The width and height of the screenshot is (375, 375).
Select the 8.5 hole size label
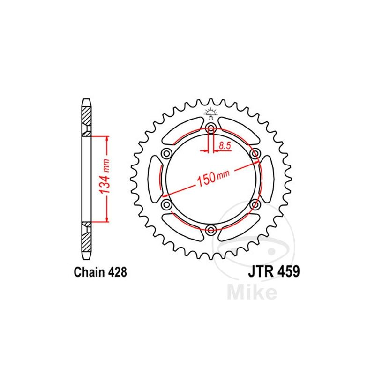pyautogui.click(x=225, y=146)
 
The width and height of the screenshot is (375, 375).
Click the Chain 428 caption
pyautogui.click(x=100, y=272)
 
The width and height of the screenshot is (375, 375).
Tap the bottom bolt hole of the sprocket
pyautogui.click(x=211, y=229)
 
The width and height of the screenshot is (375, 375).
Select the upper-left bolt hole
pyautogui.click(x=166, y=154)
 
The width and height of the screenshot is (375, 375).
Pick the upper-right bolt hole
pyautogui.click(x=255, y=154)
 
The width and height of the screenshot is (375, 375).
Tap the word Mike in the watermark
pyautogui.click(x=251, y=292)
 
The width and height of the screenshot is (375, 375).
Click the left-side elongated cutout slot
pyautogui.click(x=154, y=179)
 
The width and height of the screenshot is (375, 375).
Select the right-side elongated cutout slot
pyautogui.click(x=268, y=179)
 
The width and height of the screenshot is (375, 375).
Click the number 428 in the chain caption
pyautogui.click(x=116, y=272)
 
